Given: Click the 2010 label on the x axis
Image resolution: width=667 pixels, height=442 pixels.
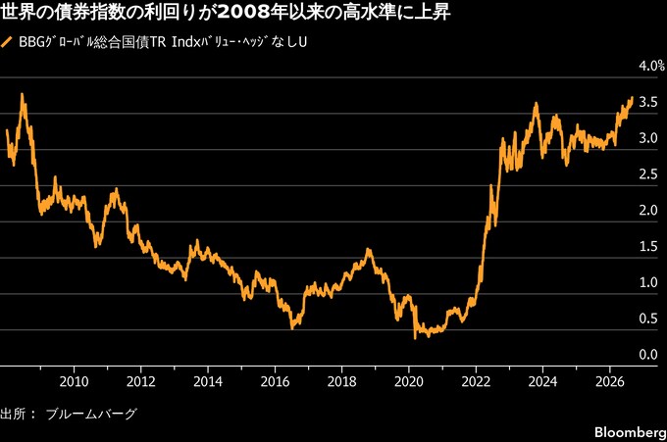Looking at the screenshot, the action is click(x=74, y=381).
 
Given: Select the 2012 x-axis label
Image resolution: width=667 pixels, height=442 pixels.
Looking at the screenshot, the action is click(x=141, y=381).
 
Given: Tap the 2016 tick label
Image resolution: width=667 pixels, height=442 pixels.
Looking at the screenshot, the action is click(x=275, y=381).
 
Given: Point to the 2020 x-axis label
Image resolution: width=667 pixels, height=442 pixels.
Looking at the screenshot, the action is click(x=409, y=381).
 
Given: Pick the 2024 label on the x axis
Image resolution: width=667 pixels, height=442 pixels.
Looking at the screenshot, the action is click(x=542, y=381).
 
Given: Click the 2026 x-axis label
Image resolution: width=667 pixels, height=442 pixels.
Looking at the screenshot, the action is click(x=610, y=381).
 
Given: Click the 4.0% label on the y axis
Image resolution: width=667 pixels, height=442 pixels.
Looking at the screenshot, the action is click(x=651, y=66).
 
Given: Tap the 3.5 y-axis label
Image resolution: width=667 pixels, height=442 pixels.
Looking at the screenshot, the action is click(x=648, y=102).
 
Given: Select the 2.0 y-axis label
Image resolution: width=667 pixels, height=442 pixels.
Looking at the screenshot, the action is click(x=648, y=210).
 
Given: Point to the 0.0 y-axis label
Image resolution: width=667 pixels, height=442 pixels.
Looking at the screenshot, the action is click(x=648, y=354).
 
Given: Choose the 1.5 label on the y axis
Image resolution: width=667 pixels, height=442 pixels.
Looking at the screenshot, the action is click(x=648, y=246).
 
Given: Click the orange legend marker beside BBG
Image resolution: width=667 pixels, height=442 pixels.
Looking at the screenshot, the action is click(x=7, y=42).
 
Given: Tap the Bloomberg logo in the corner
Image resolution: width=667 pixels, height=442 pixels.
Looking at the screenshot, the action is click(x=631, y=432).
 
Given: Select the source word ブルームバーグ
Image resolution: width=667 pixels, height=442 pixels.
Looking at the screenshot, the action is click(x=91, y=414).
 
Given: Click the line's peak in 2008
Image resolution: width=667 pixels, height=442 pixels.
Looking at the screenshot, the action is click(x=22, y=94).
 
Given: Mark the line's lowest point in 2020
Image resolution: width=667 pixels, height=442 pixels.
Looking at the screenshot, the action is click(x=415, y=338).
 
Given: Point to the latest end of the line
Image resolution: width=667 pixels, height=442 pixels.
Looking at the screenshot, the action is click(x=632, y=98).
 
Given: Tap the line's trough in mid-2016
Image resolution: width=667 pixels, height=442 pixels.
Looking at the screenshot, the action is click(x=292, y=328).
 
